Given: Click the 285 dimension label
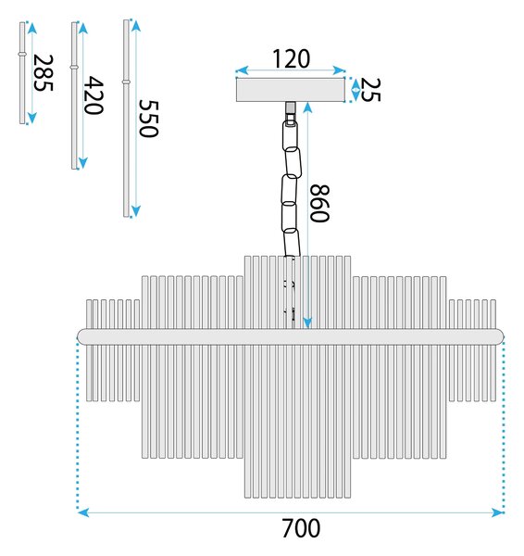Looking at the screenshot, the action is tap(43, 72).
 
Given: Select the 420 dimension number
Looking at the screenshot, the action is tap(94, 95).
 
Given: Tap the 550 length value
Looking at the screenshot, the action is tap(148, 119).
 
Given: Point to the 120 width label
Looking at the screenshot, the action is tap(291, 59).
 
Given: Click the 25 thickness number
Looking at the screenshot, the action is tap(370, 90).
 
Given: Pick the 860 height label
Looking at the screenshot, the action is tap(319, 203).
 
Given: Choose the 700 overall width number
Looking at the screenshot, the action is tap(301, 528).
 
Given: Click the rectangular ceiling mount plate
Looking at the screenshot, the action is tap(291, 90).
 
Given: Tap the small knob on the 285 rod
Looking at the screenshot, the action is tap(22, 54).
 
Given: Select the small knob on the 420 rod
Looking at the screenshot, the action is tap(74, 67).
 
